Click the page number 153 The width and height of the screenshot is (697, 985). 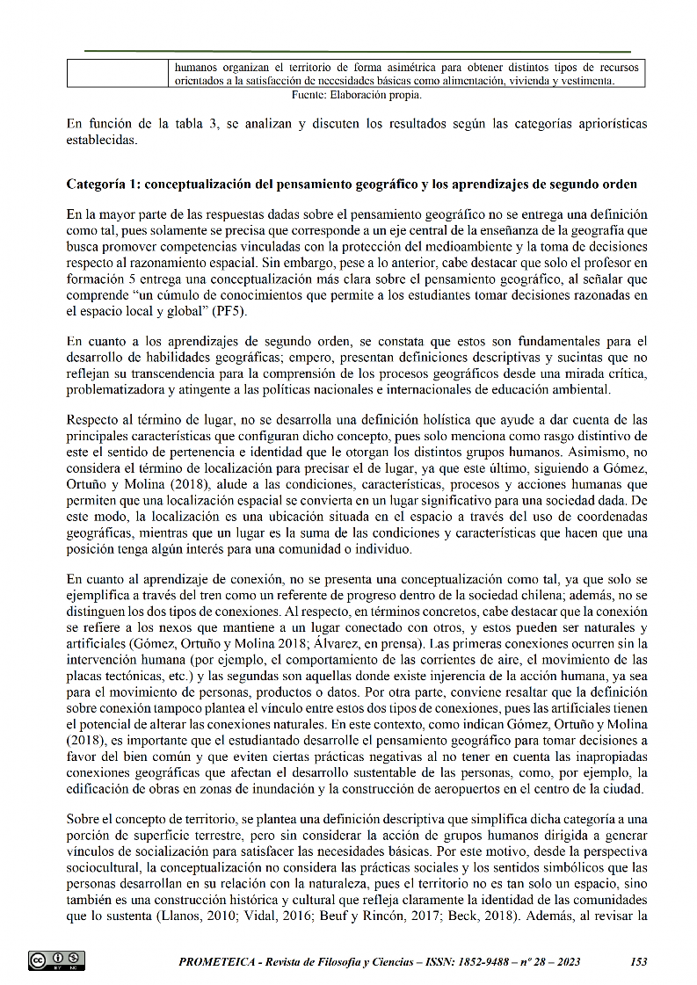(639, 962)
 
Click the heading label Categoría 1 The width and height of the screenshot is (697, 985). (102, 185)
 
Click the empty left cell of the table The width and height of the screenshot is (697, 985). (118, 73)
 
